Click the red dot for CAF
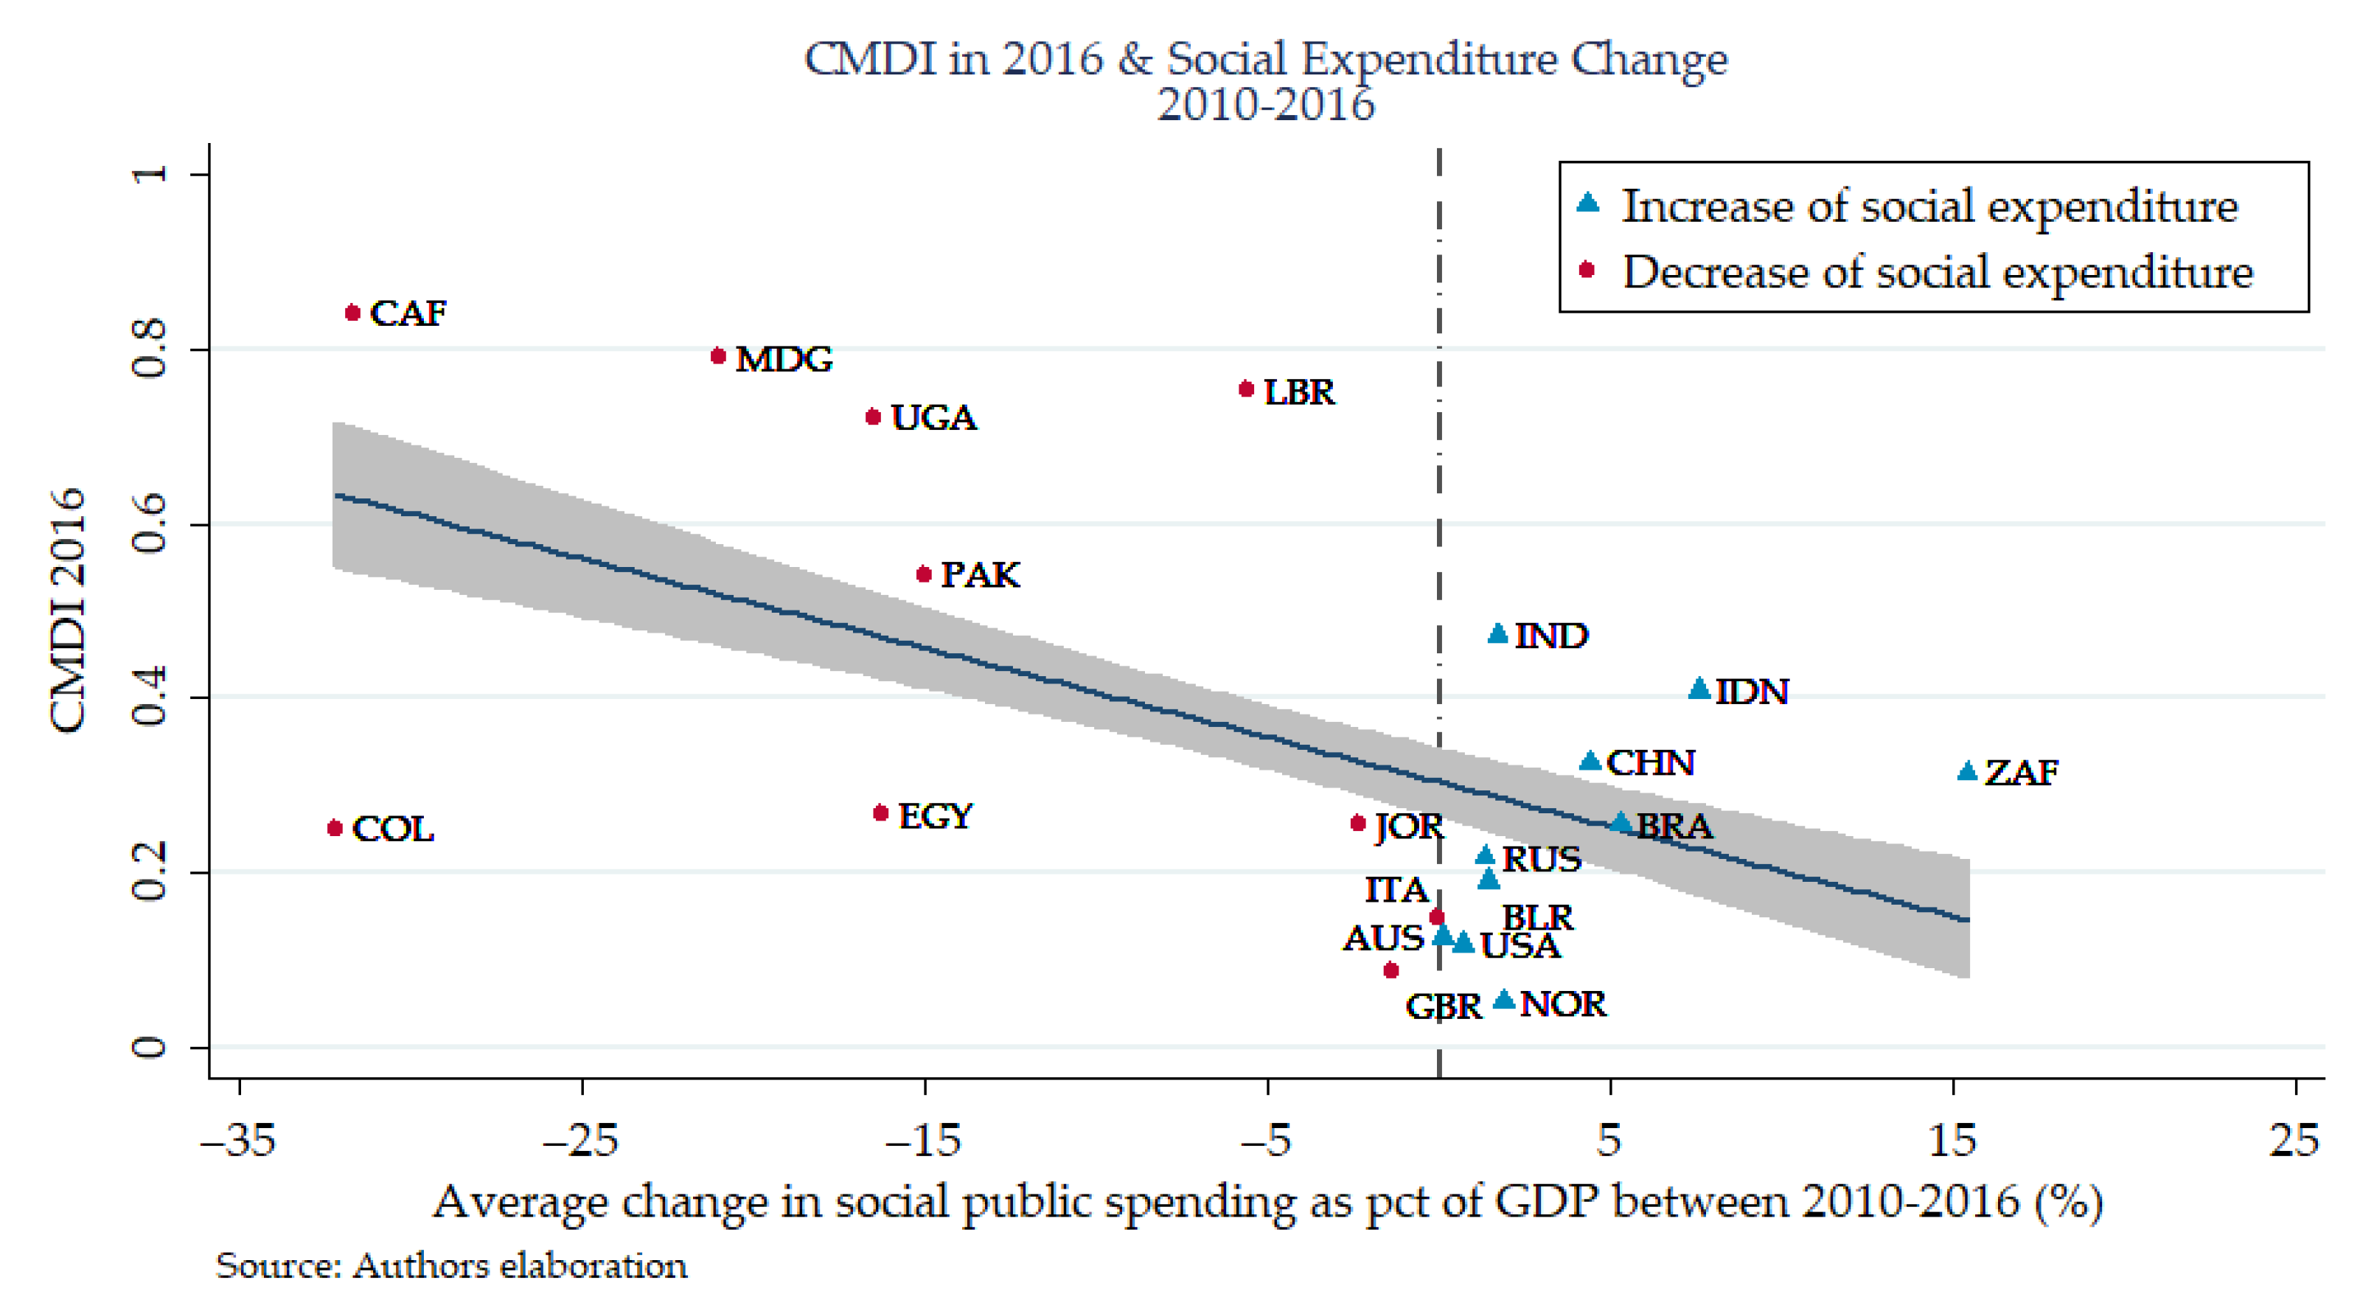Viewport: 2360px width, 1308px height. click(x=352, y=313)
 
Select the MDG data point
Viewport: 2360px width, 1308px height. click(x=718, y=355)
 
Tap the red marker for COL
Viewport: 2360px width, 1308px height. click(x=335, y=828)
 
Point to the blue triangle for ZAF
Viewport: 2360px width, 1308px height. click(x=1966, y=771)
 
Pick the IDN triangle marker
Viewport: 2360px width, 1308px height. click(x=1699, y=689)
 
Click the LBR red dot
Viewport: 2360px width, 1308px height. click(x=1246, y=389)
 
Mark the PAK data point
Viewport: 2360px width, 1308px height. click(x=925, y=574)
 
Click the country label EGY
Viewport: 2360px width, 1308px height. click(x=936, y=816)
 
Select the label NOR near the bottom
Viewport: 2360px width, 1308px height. click(x=1563, y=1005)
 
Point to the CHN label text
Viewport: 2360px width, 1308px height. click(x=1651, y=763)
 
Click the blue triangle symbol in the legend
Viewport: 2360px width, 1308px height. click(x=1587, y=203)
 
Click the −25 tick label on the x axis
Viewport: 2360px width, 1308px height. click(x=582, y=1141)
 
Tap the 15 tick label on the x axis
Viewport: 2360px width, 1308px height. click(x=1952, y=1141)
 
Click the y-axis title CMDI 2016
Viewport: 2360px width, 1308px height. click(x=68, y=611)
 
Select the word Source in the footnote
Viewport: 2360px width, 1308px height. click(x=279, y=1266)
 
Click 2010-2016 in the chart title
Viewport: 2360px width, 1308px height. click(x=1265, y=105)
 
